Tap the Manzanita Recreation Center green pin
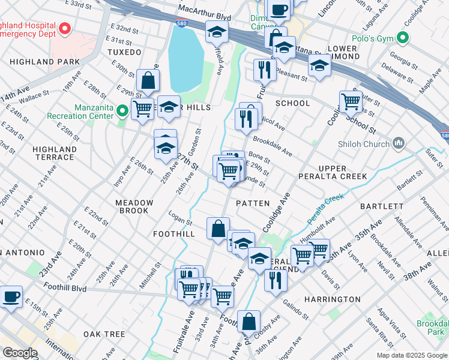tap(122, 110)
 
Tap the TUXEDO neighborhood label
tap(124, 52)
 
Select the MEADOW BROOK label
tap(134, 207)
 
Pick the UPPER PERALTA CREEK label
tap(342, 172)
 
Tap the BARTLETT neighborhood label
tap(382, 206)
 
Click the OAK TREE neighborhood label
tap(104, 334)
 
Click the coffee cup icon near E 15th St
tap(11, 296)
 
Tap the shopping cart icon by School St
tap(351, 101)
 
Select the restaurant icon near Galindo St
tap(275, 280)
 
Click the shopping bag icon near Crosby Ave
tap(249, 321)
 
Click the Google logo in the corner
tap(20, 353)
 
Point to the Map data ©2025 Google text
tap(411, 355)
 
